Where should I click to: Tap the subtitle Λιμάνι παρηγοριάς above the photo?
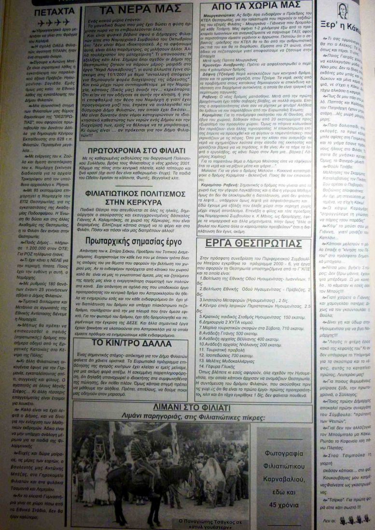(x=154, y=417)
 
